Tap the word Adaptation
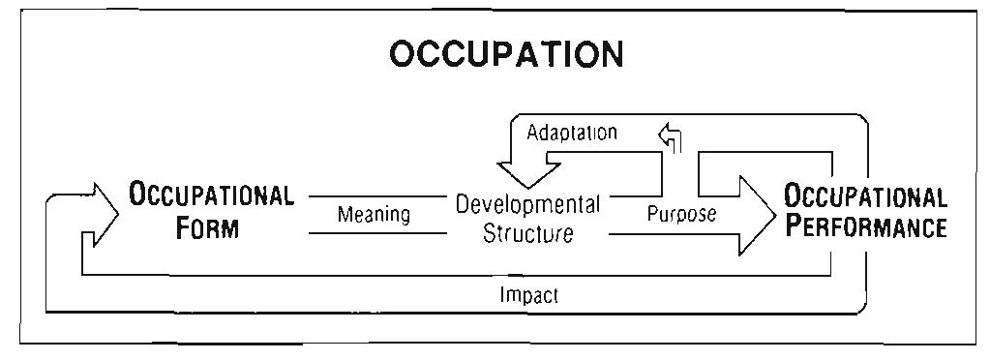[572, 133]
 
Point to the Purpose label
[681, 215]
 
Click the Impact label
[528, 296]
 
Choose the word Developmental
[527, 205]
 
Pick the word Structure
[527, 233]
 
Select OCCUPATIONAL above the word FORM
[212, 196]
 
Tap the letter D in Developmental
[463, 205]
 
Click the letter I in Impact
[503, 296]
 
